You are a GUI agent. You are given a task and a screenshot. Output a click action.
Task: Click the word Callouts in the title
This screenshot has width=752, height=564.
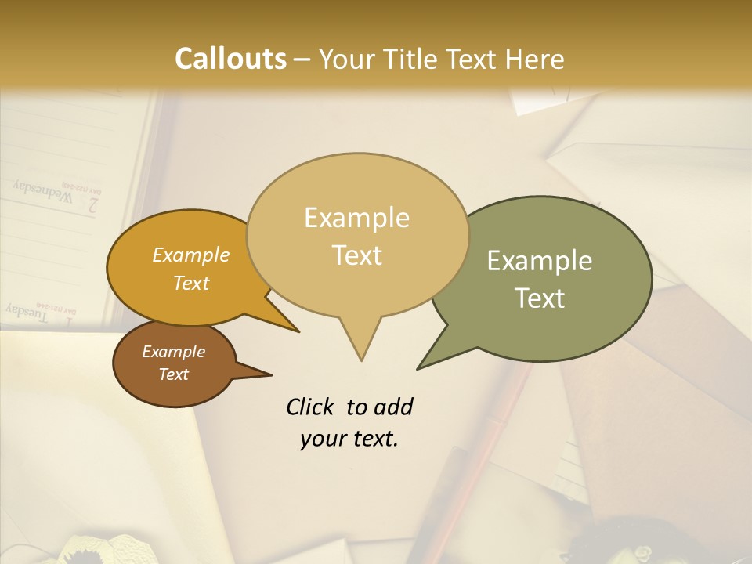230,59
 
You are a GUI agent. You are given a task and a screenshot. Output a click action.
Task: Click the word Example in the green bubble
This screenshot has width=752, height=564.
539,261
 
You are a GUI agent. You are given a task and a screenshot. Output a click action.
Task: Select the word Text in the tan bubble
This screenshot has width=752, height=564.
357,255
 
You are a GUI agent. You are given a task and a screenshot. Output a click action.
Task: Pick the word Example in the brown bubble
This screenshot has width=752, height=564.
173,352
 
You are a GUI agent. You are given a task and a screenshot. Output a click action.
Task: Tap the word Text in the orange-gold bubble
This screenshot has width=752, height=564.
191,283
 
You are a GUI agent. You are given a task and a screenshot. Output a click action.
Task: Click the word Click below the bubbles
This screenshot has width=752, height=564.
311,407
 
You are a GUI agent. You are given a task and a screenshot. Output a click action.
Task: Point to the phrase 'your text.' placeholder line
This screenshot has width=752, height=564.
349,439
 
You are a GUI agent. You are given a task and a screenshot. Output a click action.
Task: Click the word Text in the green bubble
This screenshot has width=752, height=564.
540,298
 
